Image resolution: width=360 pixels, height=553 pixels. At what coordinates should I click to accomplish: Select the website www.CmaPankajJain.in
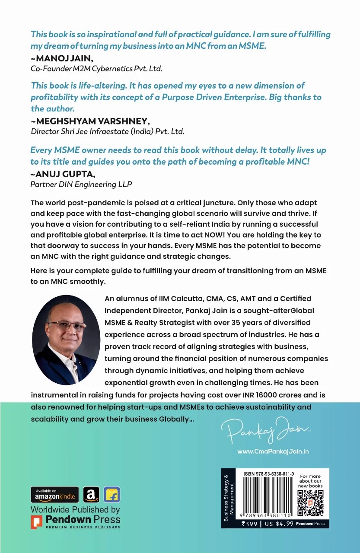click(x=273, y=451)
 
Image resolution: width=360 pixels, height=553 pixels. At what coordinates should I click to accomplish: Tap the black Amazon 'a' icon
click(x=92, y=494)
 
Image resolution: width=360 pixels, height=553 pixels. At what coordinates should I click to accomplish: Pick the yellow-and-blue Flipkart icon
click(x=112, y=494)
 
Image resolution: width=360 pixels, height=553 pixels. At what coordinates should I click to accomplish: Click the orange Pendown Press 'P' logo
click(x=37, y=522)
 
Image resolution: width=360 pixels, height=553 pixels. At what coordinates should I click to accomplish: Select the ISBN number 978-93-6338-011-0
click(x=268, y=474)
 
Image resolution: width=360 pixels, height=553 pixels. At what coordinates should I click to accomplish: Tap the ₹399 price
click(x=250, y=524)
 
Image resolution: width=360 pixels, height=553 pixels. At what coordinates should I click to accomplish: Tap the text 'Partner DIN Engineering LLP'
click(x=81, y=184)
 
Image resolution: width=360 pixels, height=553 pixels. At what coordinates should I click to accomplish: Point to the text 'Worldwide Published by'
click(x=75, y=510)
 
